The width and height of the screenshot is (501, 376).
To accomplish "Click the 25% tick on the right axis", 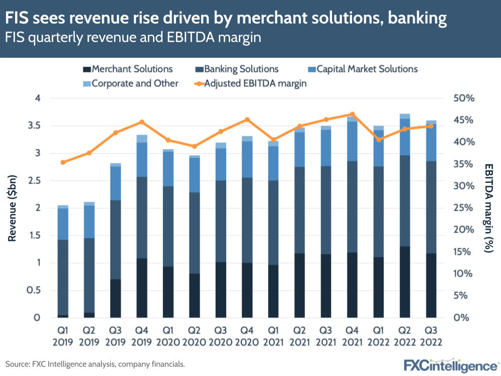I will [x=462, y=208].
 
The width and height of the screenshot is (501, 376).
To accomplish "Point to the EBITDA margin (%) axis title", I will [x=489, y=208].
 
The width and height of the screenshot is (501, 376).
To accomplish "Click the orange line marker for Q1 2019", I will [x=63, y=162].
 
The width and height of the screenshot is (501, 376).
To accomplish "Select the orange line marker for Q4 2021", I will [x=353, y=114].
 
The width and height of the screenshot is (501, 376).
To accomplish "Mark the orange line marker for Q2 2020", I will [x=195, y=146].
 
